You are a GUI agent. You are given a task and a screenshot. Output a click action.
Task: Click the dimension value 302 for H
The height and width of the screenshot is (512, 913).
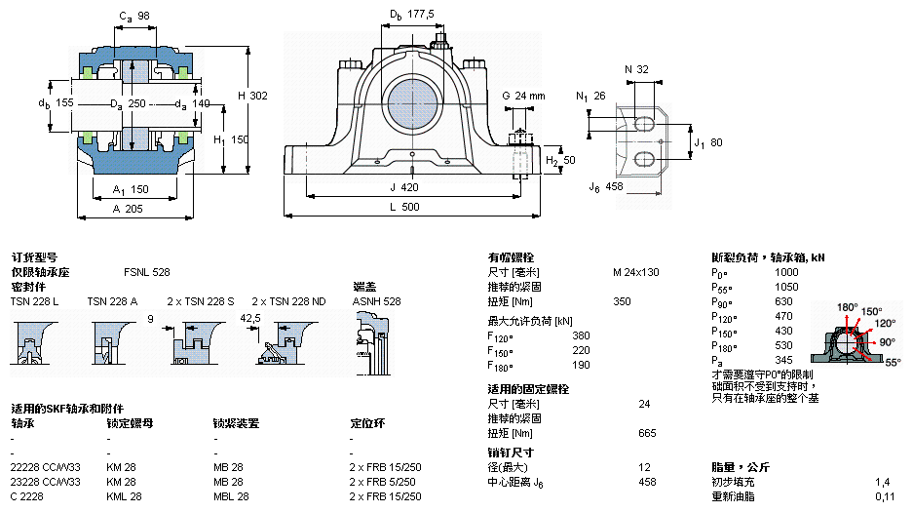(258, 96)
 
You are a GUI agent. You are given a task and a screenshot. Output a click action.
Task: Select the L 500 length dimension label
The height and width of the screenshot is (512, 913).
(411, 207)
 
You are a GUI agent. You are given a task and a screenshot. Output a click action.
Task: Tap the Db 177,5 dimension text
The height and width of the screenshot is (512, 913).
(412, 15)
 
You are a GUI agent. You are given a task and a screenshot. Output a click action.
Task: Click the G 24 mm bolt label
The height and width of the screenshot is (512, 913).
(523, 96)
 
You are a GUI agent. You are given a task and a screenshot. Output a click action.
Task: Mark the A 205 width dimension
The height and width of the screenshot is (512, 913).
(129, 208)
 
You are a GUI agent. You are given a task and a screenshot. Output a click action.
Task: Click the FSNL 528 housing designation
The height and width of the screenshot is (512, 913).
(146, 272)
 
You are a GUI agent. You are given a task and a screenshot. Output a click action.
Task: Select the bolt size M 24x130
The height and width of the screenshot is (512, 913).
(635, 272)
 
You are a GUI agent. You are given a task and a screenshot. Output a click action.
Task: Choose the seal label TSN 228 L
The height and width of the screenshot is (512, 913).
(35, 301)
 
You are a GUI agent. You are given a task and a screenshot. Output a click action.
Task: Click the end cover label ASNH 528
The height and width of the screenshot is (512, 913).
(376, 301)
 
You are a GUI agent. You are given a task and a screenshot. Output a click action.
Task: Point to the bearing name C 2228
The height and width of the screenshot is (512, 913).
(27, 496)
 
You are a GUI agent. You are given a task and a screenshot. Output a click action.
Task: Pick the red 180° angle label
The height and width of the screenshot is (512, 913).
(847, 307)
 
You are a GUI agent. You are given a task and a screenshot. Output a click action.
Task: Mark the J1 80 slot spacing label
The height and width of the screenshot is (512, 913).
(707, 143)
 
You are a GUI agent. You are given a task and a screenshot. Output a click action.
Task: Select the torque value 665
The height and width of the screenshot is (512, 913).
(647, 433)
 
